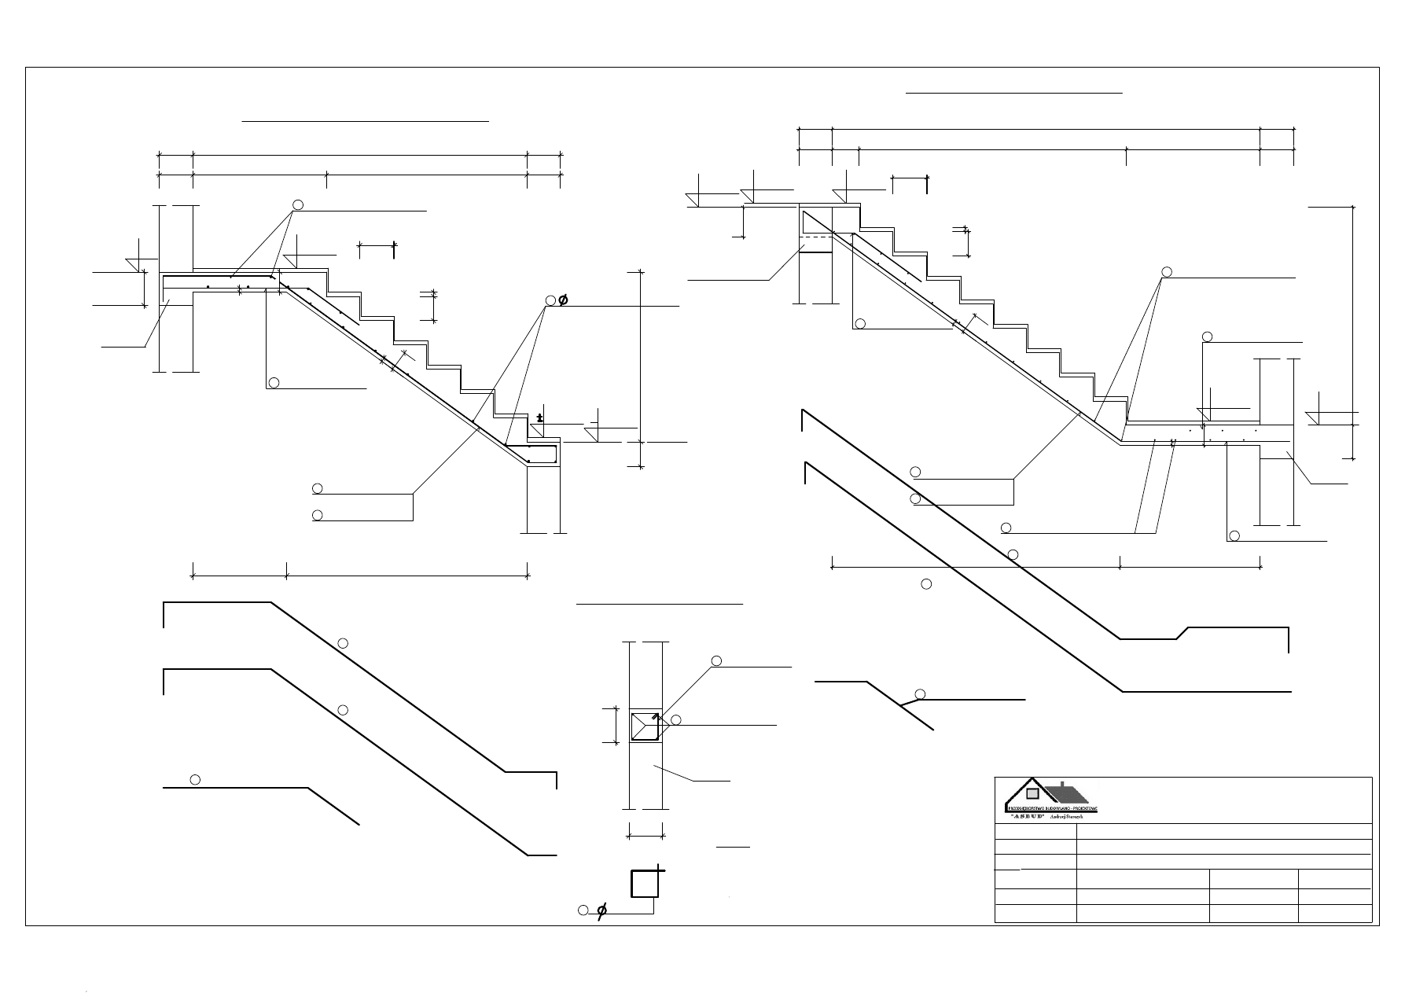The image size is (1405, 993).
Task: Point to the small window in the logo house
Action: point(1032,793)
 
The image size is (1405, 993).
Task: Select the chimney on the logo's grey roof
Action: point(1063,784)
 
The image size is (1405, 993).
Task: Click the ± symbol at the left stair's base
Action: point(539,417)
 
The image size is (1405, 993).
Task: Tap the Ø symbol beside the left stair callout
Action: point(563,300)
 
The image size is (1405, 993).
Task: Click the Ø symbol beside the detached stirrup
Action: point(601,912)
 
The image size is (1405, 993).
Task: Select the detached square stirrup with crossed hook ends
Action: point(644,883)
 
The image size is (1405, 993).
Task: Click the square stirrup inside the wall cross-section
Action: point(644,726)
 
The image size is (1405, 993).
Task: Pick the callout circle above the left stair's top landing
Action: point(298,205)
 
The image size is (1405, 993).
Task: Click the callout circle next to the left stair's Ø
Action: point(550,300)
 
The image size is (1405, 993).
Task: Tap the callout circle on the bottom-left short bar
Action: point(196,779)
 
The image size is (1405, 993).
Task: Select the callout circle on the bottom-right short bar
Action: point(920,693)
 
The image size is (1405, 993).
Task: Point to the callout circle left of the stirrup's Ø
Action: point(583,910)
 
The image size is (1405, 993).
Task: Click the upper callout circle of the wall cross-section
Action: point(716,660)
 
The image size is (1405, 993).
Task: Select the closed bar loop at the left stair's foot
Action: point(531,454)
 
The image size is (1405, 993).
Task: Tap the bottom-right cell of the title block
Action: point(1335,913)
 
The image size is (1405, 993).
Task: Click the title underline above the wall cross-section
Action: point(660,605)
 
